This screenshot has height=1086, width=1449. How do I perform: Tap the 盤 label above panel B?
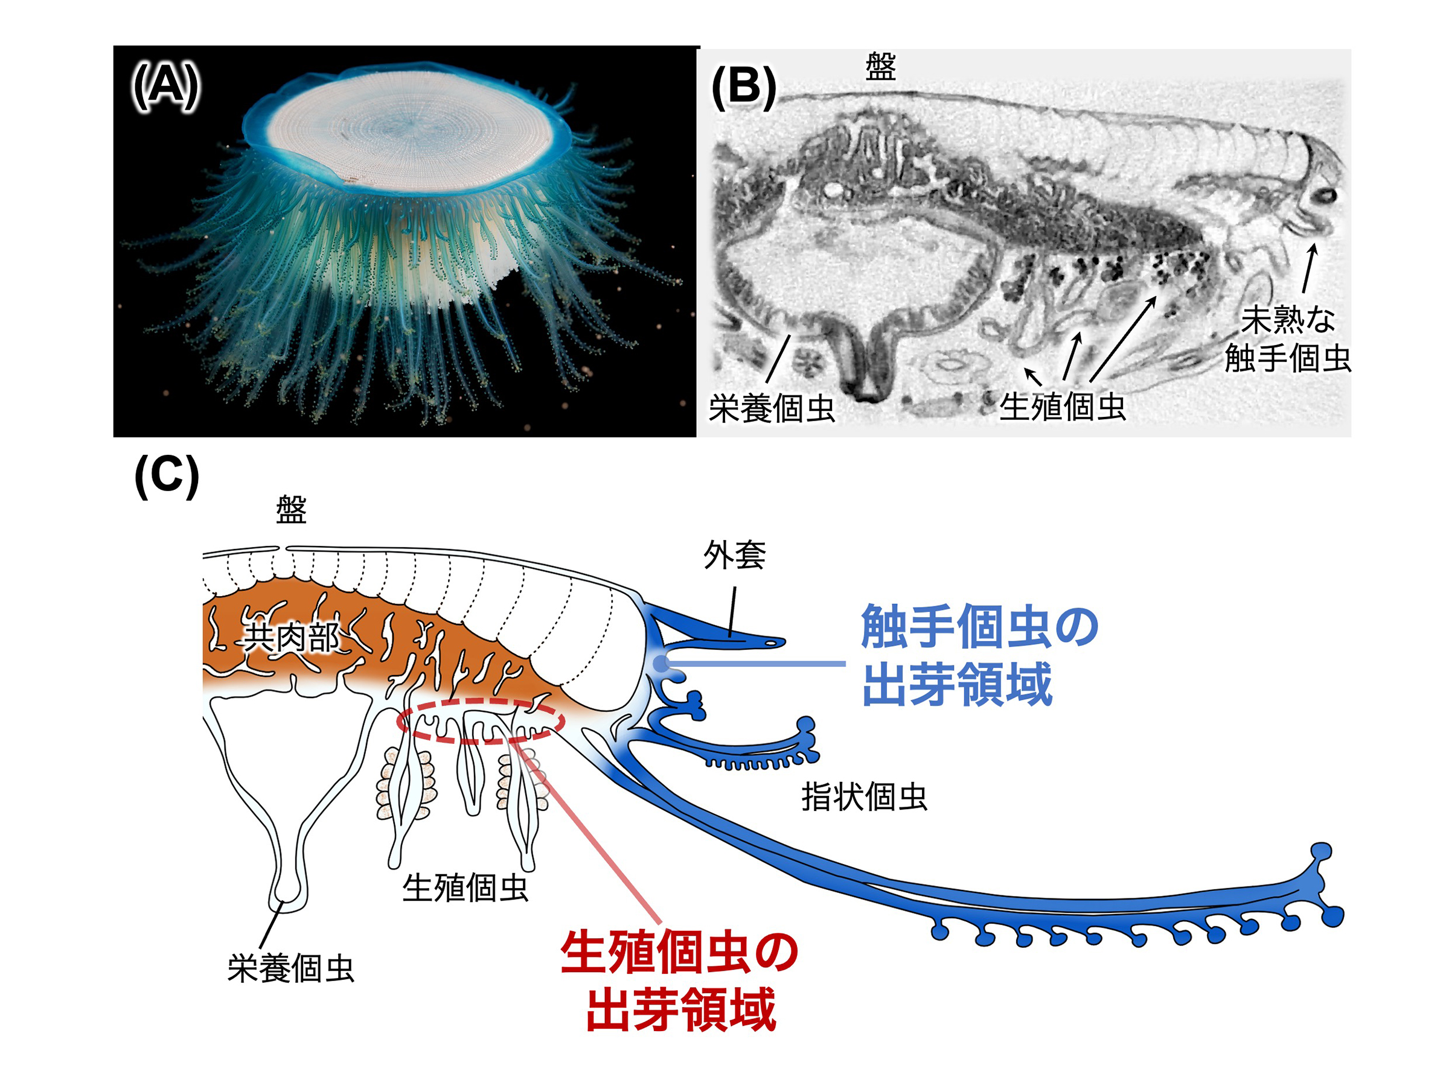click(x=880, y=67)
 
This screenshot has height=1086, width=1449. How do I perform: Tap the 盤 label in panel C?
click(x=291, y=510)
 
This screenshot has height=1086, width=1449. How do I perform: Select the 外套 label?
click(x=734, y=555)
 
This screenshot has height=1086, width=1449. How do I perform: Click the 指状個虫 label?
click(x=864, y=798)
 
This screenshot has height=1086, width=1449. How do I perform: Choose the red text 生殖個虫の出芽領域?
click(x=679, y=981)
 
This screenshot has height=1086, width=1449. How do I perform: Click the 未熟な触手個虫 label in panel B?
click(x=1287, y=338)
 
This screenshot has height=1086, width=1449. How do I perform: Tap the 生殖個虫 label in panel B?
click(x=1062, y=407)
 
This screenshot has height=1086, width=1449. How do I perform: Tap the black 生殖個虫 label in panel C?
click(x=465, y=888)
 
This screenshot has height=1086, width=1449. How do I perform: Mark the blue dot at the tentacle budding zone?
click(x=661, y=664)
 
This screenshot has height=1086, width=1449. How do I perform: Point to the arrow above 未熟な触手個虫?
click(x=1308, y=268)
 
